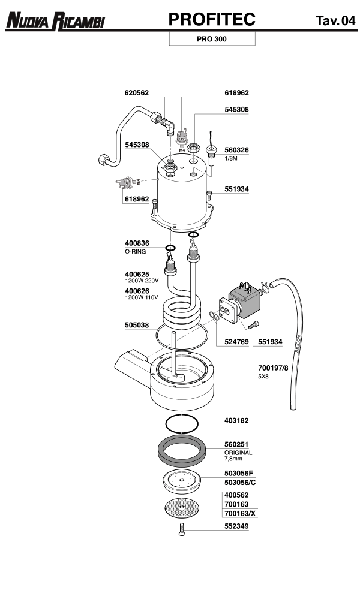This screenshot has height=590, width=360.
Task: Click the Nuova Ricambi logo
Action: point(55,22)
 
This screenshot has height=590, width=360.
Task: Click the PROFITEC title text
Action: point(212,20)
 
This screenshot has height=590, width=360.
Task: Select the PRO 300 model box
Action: point(212,39)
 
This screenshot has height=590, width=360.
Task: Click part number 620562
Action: point(136,93)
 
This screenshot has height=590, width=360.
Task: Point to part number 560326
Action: point(236,150)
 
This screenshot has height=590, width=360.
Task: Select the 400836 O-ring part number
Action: point(137,243)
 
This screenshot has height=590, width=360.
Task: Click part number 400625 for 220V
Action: point(137,274)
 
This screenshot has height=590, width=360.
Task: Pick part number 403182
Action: point(236,422)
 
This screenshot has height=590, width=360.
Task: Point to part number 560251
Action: point(236,445)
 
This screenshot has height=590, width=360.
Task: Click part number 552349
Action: point(236,529)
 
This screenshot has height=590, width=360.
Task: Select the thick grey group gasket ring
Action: point(183,451)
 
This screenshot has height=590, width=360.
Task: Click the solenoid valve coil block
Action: point(247,298)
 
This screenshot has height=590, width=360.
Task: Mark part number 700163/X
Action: point(239,514)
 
